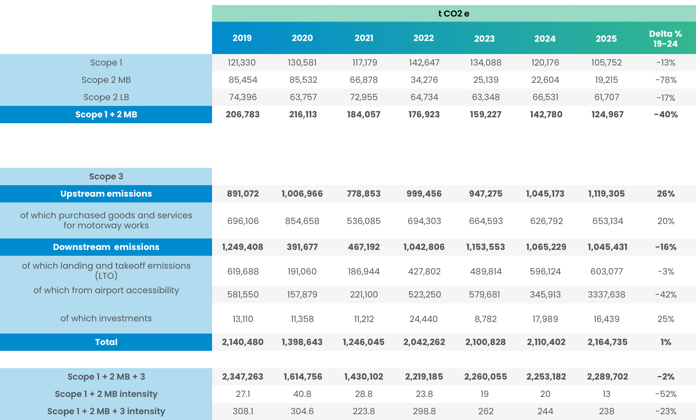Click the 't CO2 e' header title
454,14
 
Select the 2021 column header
364,38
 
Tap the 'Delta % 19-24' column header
665,39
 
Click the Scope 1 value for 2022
424,63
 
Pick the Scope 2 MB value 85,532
303,80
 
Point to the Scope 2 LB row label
106,97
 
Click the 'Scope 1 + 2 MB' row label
106,115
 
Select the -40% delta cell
665,115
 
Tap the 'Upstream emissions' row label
106,194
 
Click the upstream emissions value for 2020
302,194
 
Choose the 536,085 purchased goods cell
364,221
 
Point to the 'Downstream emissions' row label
106,247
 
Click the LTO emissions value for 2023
485,272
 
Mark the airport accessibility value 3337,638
607,295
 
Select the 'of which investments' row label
106,318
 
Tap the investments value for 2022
423,319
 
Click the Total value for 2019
242,342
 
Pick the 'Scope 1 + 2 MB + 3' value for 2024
546,377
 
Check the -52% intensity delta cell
665,394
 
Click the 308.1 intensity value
243,411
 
